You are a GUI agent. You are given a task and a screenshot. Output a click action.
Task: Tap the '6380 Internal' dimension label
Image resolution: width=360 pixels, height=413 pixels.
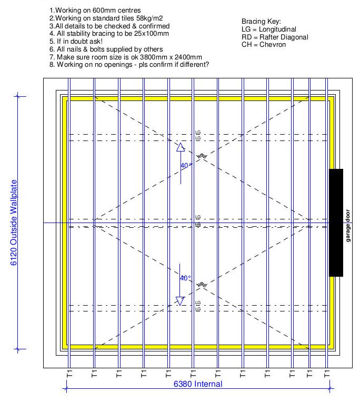point(198,384)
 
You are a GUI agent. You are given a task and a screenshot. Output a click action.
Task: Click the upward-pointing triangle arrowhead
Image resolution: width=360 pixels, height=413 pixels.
point(181,147)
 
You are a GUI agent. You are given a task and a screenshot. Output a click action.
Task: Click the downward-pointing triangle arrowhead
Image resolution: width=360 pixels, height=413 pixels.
point(181,300)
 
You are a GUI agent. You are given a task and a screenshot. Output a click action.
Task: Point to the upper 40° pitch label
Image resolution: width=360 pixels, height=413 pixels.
point(186,165)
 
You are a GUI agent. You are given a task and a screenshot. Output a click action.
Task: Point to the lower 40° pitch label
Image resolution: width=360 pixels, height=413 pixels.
point(186,278)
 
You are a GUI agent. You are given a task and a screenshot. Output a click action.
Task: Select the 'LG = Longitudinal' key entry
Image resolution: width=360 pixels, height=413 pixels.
point(268,29)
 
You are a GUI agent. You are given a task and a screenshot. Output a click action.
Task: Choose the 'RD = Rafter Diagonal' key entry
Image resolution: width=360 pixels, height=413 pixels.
point(275,37)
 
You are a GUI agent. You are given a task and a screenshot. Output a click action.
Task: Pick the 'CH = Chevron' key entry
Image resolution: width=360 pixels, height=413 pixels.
point(264,45)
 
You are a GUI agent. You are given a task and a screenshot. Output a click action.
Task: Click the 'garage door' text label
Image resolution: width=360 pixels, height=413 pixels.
point(348,226)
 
